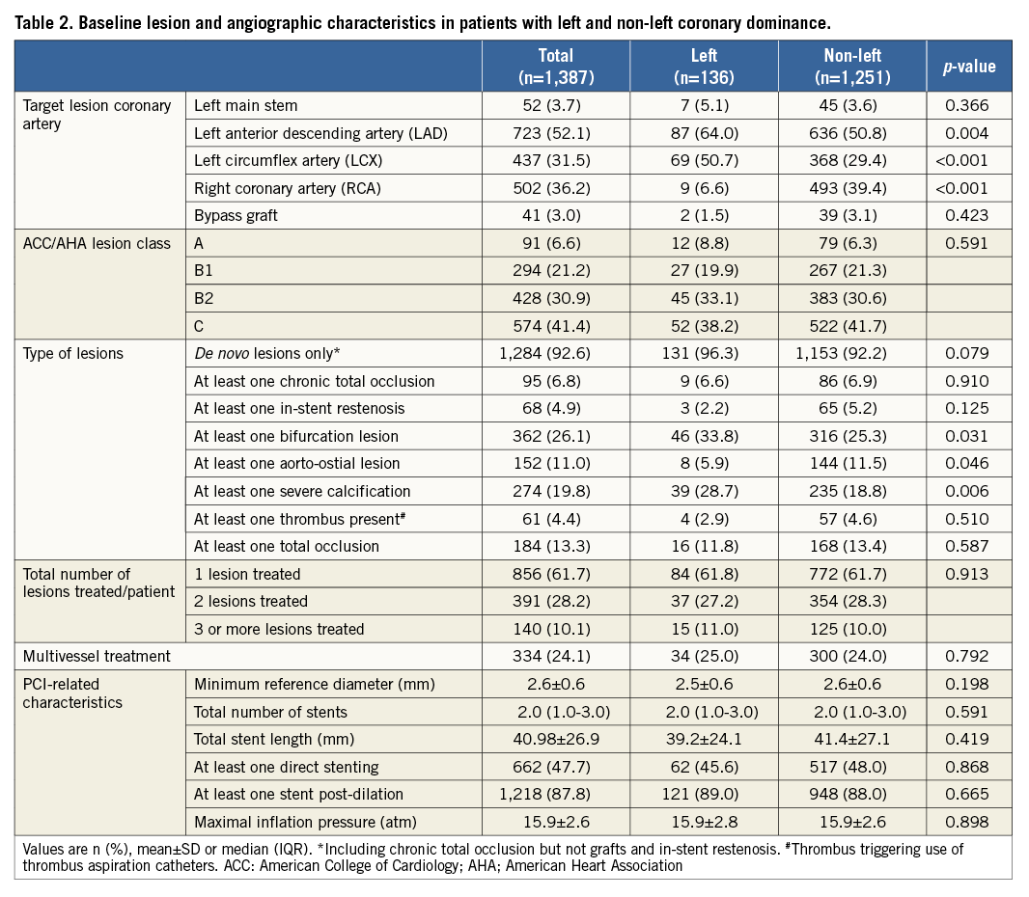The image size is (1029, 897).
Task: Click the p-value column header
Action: click(x=969, y=67)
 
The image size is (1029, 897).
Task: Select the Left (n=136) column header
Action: click(x=704, y=67)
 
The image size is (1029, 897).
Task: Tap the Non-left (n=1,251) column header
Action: click(x=852, y=67)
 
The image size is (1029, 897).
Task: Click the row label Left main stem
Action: click(x=246, y=106)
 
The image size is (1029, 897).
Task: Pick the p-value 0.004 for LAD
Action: click(x=969, y=133)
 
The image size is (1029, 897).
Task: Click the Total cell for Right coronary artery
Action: click(x=555, y=188)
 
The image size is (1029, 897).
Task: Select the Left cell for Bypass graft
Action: click(x=704, y=215)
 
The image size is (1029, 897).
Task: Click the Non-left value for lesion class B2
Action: click(x=852, y=299)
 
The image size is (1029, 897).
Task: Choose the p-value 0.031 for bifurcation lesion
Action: click(x=969, y=436)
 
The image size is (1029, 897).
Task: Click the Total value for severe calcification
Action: click(x=555, y=492)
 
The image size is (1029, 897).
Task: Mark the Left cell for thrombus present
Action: click(x=704, y=519)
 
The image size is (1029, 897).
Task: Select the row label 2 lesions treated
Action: click(x=251, y=602)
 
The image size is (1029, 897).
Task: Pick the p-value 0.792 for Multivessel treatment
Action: click(x=969, y=657)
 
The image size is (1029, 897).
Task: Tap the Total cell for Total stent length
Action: click(x=555, y=740)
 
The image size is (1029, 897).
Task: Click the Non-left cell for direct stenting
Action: click(x=852, y=768)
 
